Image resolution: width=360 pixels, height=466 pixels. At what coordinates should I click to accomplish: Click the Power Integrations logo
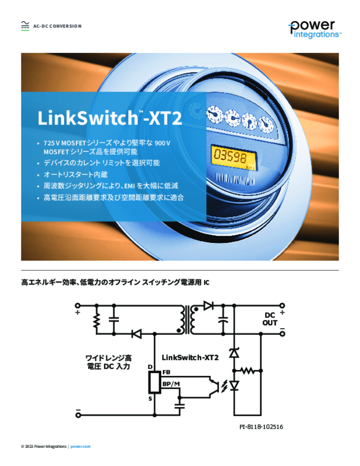[x=314, y=30]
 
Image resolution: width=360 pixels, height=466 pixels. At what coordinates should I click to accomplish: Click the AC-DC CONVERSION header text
[x=57, y=26]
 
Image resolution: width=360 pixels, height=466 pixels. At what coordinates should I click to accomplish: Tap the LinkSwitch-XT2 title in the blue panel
[x=109, y=118]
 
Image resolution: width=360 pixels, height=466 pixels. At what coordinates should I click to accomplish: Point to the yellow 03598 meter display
[x=233, y=157]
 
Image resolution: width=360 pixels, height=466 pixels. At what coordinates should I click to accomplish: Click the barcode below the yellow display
[x=235, y=179]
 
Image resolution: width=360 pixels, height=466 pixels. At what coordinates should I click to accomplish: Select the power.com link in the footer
[x=80, y=446]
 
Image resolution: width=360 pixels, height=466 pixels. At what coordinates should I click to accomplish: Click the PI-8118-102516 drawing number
[x=261, y=427]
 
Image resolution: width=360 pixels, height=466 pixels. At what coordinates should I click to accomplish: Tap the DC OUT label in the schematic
[x=270, y=319]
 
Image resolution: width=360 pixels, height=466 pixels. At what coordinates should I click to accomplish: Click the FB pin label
[x=166, y=372]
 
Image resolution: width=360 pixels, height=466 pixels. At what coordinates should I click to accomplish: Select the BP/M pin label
[x=171, y=384]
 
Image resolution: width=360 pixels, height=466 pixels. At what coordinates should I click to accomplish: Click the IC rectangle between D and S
[x=155, y=382]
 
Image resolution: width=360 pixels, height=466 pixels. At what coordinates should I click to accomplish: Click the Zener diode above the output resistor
[x=234, y=353]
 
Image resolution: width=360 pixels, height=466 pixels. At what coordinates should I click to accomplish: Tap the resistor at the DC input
[x=96, y=320]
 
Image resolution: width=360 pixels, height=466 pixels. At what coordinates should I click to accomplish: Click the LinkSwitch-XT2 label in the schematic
[x=190, y=358]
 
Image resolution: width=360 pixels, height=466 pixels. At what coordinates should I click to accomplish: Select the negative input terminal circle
[x=78, y=415]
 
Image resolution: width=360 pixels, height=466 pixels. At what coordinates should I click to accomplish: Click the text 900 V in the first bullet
[x=162, y=143]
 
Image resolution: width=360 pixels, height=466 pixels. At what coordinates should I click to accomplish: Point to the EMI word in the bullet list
[x=130, y=186]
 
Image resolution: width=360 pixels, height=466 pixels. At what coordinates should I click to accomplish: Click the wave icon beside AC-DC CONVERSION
[x=25, y=26]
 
